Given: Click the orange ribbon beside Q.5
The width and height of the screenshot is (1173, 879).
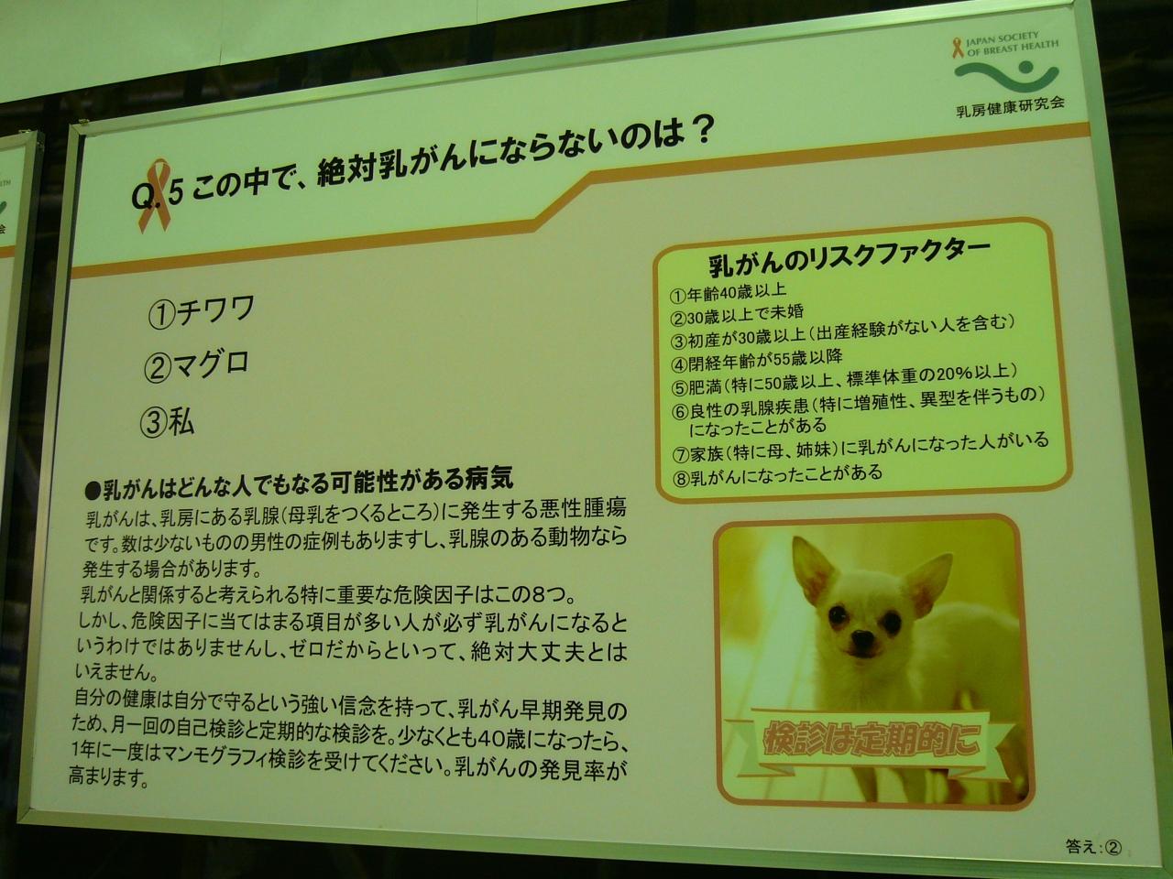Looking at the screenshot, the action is [x=155, y=195].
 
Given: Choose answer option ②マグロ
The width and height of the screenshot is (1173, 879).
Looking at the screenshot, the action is [x=197, y=365].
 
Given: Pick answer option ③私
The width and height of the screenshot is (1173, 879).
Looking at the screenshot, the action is [x=167, y=421].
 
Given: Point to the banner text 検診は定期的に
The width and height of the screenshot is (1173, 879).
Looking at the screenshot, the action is [x=872, y=740].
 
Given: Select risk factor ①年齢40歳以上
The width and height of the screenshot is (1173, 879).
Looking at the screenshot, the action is [x=729, y=292].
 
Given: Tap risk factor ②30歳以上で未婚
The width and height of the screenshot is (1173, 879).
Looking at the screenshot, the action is [x=738, y=315].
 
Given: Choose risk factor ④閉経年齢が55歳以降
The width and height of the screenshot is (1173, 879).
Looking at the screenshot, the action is [x=757, y=360].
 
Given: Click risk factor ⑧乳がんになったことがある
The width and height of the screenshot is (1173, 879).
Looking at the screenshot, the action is [x=777, y=474].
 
